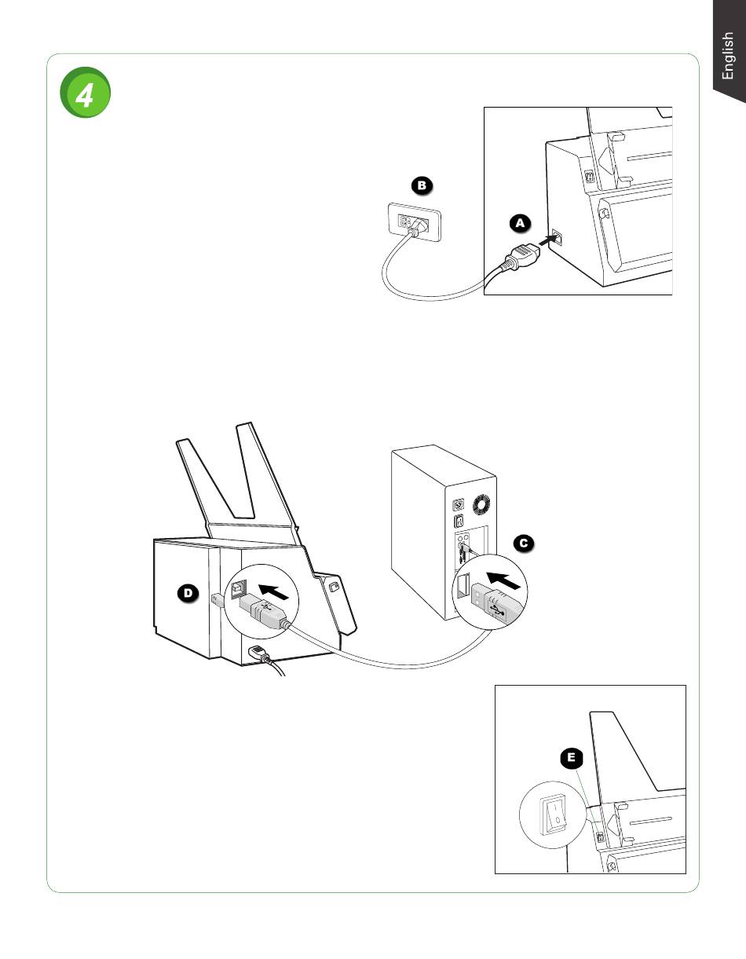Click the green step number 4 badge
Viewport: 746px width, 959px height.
point(85,92)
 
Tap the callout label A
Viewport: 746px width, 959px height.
point(521,223)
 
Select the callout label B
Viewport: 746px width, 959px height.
point(422,185)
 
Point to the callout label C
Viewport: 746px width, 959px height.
point(524,544)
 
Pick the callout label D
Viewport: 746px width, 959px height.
point(188,593)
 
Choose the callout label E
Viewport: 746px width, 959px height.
point(572,757)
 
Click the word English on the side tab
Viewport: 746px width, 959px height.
point(727,56)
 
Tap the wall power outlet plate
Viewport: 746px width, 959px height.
point(415,222)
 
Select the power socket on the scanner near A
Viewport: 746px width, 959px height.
point(558,237)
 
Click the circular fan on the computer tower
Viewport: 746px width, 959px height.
point(481,505)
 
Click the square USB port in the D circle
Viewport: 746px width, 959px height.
point(239,589)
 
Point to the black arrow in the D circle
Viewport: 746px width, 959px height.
point(273,591)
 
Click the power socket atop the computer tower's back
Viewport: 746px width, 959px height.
point(459,504)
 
